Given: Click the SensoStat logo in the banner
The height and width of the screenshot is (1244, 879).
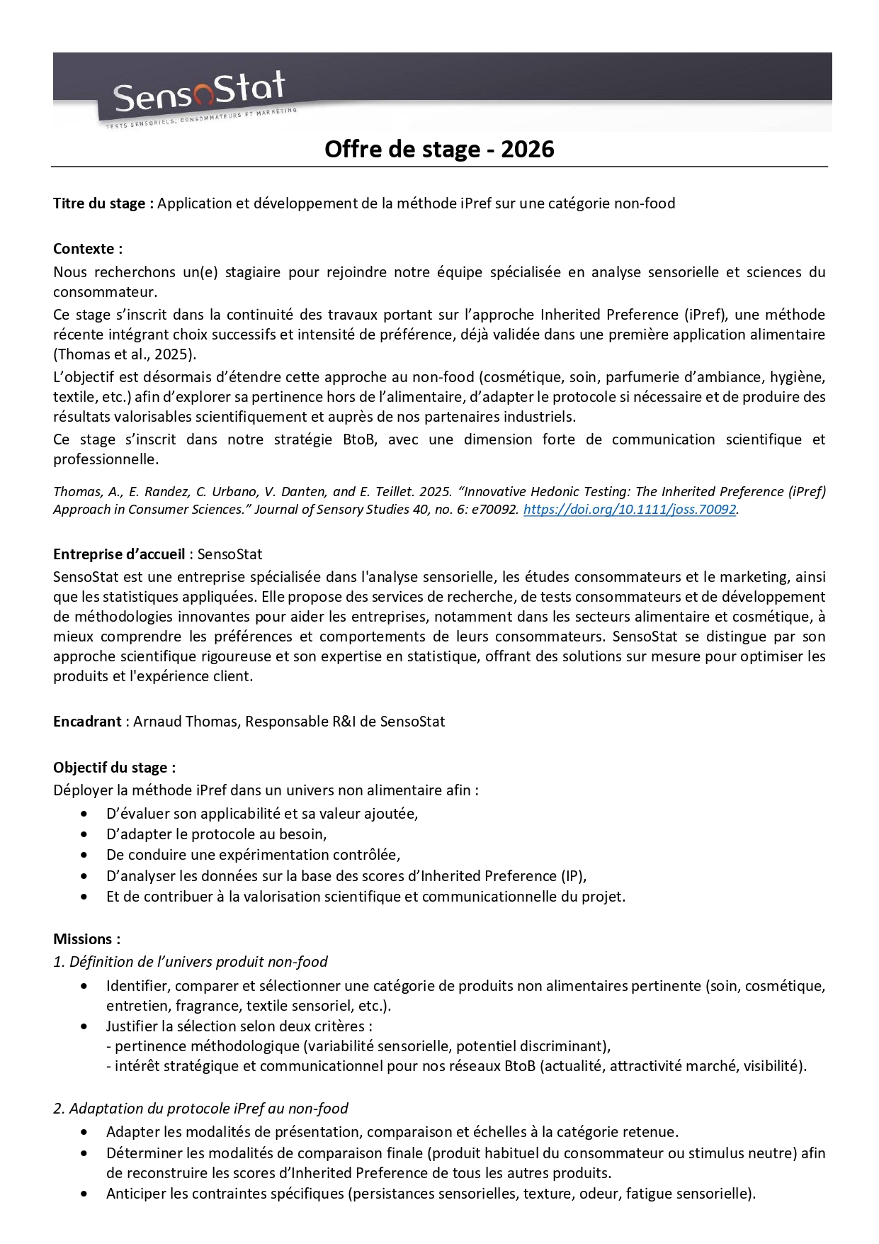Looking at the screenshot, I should point(199,93).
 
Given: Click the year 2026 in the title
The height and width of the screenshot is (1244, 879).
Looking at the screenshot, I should point(527,149).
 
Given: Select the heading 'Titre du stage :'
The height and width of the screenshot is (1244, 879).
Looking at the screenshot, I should point(103,203).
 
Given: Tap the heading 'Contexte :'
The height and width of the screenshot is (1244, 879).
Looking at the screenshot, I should point(88,249).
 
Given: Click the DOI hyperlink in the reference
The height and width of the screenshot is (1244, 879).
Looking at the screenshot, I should point(630,509).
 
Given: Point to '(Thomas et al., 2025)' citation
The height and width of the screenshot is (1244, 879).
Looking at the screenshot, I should point(125,354).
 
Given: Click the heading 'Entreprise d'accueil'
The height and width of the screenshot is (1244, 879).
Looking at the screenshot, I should point(119,554).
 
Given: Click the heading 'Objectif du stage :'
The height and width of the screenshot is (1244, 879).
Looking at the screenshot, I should point(114,767).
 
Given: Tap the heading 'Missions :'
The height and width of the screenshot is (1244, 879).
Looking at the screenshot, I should point(86,939).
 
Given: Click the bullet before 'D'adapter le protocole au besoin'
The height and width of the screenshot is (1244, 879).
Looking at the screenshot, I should point(85,835).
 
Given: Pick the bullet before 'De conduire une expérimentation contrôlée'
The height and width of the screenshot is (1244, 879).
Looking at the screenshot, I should point(85,856).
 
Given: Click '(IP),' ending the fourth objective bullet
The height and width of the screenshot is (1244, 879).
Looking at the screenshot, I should point(573,876).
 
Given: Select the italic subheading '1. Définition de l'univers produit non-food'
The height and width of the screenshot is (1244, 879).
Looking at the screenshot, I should point(191,962).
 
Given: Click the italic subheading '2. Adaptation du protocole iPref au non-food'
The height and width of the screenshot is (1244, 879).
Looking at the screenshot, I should point(200,1108).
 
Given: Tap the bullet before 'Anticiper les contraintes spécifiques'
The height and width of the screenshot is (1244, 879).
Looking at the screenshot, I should point(85,1194).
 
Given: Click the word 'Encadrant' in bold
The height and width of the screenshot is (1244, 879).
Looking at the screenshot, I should point(87,722).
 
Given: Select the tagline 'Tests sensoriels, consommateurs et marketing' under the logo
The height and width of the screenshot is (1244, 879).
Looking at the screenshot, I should point(201,120).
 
